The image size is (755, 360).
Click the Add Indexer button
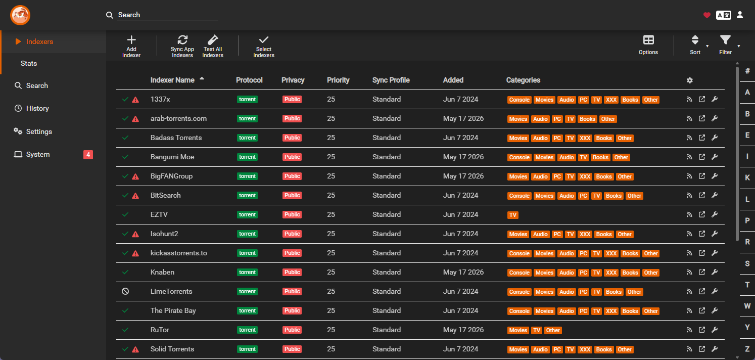[x=131, y=46]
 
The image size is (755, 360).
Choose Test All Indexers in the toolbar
[x=213, y=46]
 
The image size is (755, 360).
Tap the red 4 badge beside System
[x=88, y=154]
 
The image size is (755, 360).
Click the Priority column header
[x=338, y=80]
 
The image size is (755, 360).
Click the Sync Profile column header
[x=391, y=80]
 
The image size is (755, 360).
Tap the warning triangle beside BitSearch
[x=135, y=196]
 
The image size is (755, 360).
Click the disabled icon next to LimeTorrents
[x=125, y=291]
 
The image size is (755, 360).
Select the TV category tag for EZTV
[x=512, y=215]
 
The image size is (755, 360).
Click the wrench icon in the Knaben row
[x=715, y=272]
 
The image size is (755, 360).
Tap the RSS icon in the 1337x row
[x=689, y=100]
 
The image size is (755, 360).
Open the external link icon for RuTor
[x=702, y=330]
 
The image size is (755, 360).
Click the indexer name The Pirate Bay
[x=173, y=311]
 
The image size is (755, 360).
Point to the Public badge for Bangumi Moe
[x=292, y=157]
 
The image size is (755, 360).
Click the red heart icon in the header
[x=707, y=15]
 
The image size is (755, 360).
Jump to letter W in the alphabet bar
[x=747, y=306]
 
